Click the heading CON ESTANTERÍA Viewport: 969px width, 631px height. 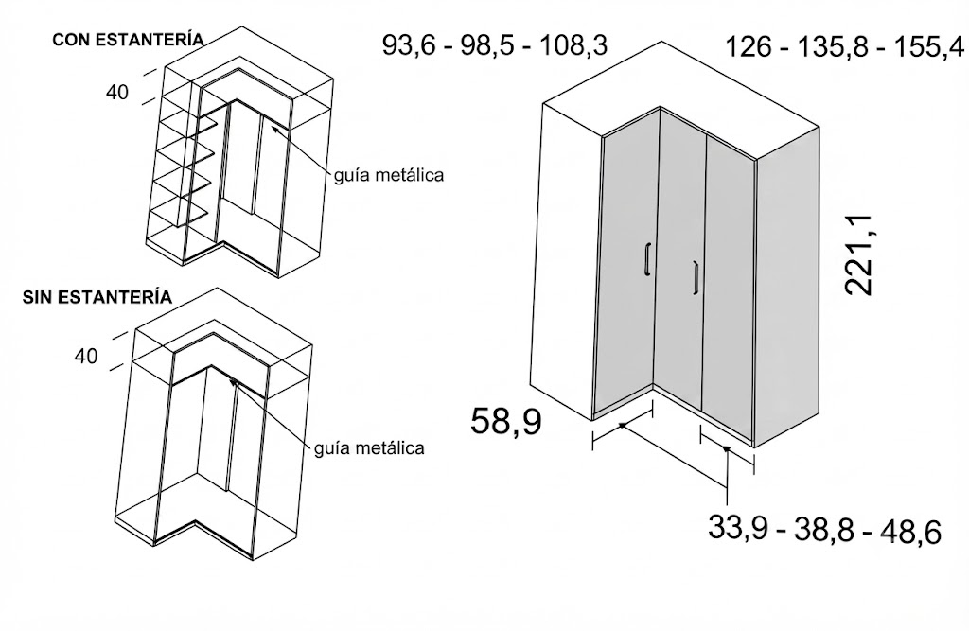point(128,40)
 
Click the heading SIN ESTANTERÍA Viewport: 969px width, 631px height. point(97,297)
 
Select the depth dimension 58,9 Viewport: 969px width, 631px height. point(506,422)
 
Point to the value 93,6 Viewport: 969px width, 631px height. point(411,45)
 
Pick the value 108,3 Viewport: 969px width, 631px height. point(573,45)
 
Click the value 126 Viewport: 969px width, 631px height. point(748,47)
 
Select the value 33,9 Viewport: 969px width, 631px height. point(737,529)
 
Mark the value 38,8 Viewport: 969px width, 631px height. point(823,531)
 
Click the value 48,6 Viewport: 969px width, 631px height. point(911,532)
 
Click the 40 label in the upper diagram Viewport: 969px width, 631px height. point(117,93)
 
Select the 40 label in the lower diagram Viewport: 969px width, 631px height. point(86,357)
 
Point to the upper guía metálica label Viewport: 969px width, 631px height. point(389,175)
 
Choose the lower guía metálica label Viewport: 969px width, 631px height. point(370,447)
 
